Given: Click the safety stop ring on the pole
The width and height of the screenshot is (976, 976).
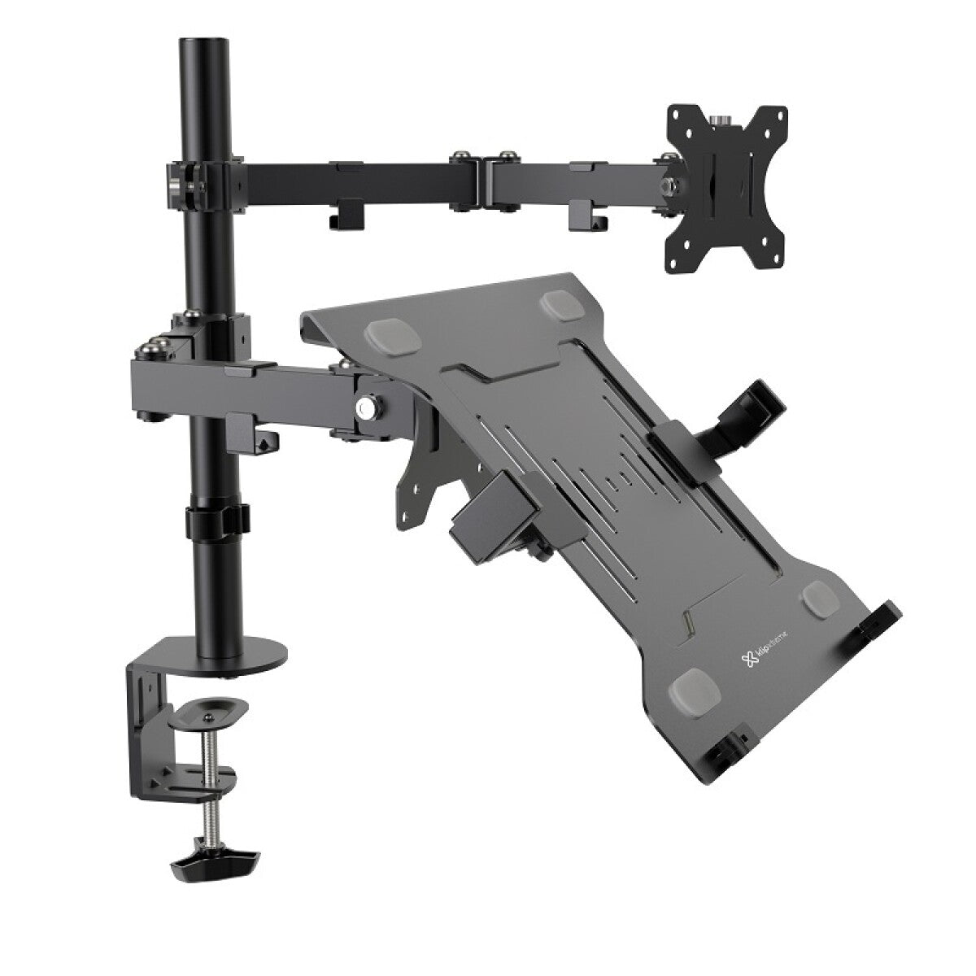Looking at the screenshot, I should click(216, 521).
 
